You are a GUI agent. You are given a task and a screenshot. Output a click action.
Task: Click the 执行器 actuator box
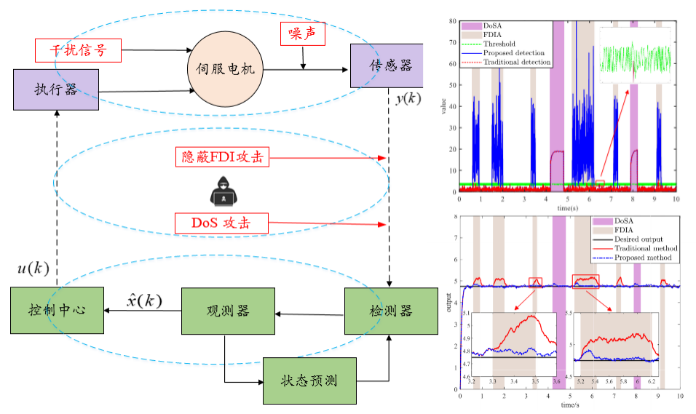[55, 89]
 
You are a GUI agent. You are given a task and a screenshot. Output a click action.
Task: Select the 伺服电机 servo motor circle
[226, 69]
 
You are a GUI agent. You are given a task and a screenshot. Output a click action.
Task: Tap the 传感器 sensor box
[381, 66]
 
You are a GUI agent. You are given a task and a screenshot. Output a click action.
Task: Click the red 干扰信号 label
[77, 50]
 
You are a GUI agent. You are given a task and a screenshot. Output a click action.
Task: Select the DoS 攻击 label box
[221, 223]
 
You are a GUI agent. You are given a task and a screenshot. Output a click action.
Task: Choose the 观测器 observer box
[228, 311]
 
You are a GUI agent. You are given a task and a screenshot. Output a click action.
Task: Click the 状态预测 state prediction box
[309, 380]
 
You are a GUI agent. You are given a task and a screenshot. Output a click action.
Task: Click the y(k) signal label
[408, 99]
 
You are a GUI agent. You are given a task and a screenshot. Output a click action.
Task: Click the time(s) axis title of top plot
[568, 207]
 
